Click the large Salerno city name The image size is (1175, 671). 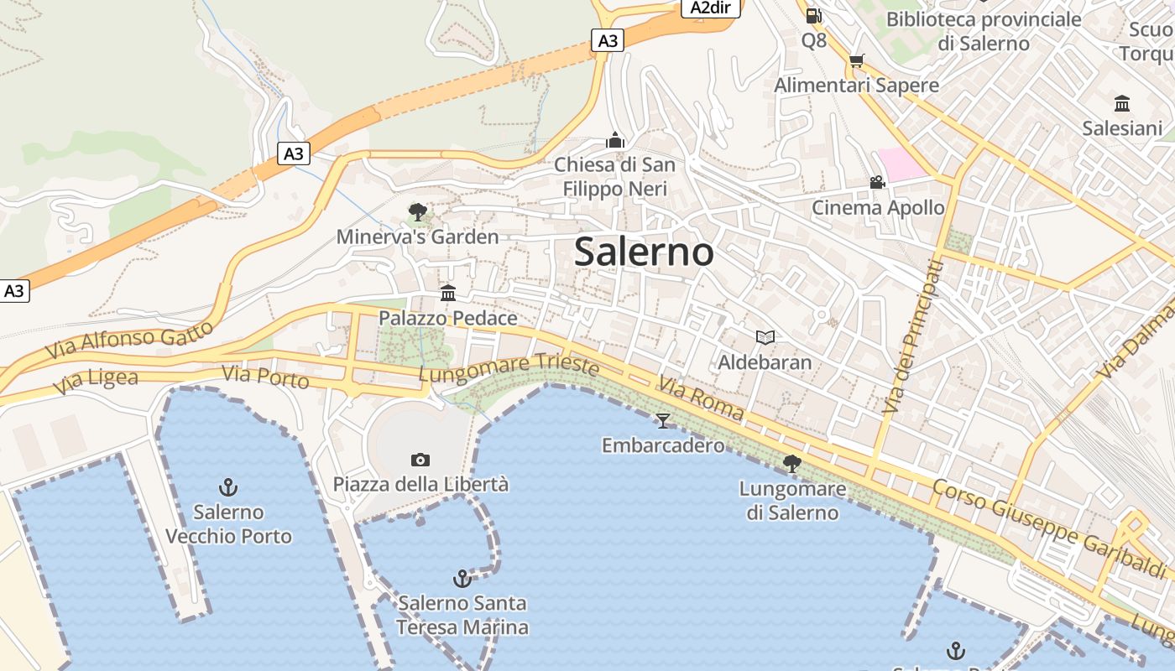pos(644,252)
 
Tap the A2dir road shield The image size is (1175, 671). pos(710,8)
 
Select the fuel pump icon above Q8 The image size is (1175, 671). pos(813,15)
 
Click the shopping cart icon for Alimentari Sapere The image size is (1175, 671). pos(856,60)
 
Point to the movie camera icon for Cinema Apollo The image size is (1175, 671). pos(877,182)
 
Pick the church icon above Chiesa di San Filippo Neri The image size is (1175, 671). pos(615,139)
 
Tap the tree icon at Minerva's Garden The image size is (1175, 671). pos(417,211)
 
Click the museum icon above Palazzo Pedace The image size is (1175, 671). pos(448,294)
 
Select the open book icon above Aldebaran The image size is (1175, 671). pos(765,337)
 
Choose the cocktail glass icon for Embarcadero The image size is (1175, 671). pos(663,420)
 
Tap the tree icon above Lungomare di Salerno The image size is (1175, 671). pos(791,463)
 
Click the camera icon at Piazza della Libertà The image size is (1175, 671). pos(420,460)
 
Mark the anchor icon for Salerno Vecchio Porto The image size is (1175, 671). pos(227,486)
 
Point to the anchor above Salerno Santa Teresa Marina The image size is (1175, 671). pos(462,578)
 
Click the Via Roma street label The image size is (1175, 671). pos(700,398)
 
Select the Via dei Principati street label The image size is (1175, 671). pos(913,335)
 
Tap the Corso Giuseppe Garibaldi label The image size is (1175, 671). pos(1049,528)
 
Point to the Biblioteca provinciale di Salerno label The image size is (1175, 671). pos(983,31)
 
